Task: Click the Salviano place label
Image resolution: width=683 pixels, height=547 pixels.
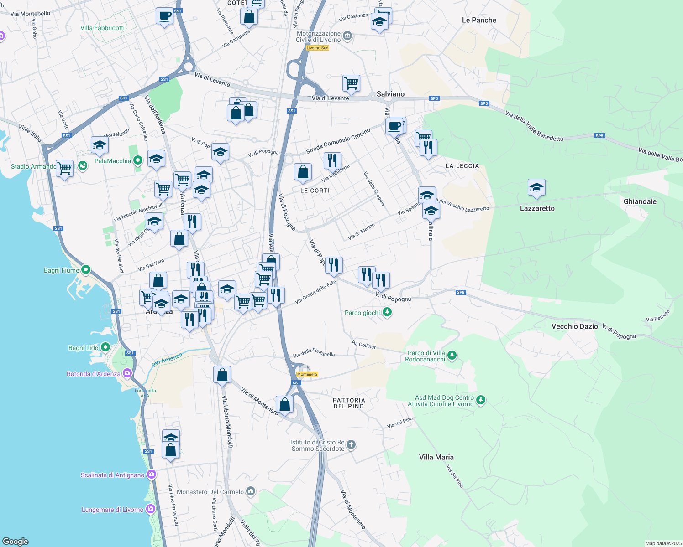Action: pyautogui.click(x=390, y=94)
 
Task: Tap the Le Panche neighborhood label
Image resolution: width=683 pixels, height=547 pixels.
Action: pyautogui.click(x=479, y=20)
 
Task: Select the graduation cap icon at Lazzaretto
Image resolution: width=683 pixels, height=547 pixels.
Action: pyautogui.click(x=536, y=187)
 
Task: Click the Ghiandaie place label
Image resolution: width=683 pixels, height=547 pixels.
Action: pyautogui.click(x=640, y=201)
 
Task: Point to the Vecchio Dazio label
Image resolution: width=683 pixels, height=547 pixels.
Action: pyautogui.click(x=574, y=326)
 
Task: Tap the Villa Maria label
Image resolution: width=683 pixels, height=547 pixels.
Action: pyautogui.click(x=436, y=457)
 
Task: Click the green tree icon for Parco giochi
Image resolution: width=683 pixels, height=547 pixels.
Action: pyautogui.click(x=387, y=312)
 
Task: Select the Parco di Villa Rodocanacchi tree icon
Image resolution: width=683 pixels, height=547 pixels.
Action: pyautogui.click(x=452, y=355)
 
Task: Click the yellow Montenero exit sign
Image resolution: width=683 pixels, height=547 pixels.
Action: pyautogui.click(x=307, y=374)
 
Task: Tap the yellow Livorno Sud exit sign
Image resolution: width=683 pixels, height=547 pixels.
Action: pyautogui.click(x=317, y=48)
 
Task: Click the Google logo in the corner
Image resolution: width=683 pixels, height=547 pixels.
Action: pyautogui.click(x=16, y=542)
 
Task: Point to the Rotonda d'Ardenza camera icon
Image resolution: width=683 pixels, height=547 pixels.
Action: pyautogui.click(x=127, y=373)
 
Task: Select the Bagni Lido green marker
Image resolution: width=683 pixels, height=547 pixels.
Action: pyautogui.click(x=105, y=347)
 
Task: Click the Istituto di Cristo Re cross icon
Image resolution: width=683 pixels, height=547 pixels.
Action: pyautogui.click(x=351, y=444)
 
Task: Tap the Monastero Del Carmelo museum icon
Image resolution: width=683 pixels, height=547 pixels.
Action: pyautogui.click(x=250, y=491)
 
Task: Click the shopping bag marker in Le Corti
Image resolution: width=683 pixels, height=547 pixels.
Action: pyautogui.click(x=303, y=172)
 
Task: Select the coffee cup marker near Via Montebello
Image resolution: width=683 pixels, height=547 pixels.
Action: pyautogui.click(x=164, y=16)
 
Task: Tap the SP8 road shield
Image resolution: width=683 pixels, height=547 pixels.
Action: pyautogui.click(x=461, y=292)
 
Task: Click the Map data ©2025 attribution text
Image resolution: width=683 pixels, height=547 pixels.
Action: pyautogui.click(x=663, y=543)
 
